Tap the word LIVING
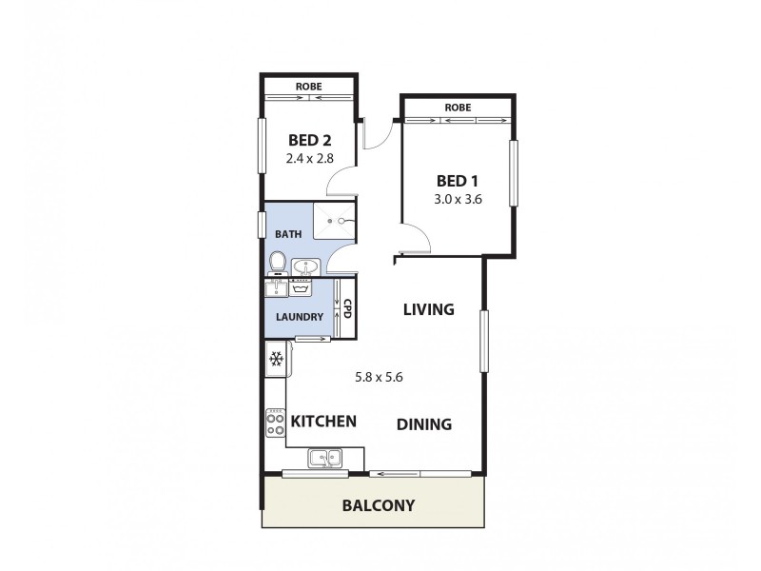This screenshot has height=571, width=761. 428,309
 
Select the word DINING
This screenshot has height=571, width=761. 424,424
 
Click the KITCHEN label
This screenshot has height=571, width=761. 323,421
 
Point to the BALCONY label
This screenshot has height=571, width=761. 378,505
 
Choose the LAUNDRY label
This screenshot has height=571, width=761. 300,317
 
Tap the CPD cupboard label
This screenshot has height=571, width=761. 347,308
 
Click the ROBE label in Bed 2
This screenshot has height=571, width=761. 308,87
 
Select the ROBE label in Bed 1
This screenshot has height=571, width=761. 458,108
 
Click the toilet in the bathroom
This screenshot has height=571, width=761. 278,262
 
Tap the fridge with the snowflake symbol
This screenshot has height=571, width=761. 277,359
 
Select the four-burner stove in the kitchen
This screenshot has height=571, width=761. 276,422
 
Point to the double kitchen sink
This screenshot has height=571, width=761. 325,459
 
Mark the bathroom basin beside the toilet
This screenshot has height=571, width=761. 304,266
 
